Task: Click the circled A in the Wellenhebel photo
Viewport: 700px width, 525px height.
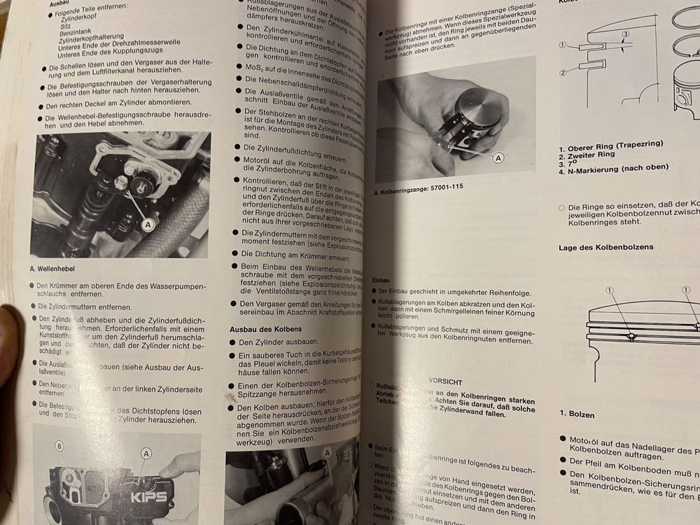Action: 148,224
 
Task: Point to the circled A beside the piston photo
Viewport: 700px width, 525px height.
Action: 498,158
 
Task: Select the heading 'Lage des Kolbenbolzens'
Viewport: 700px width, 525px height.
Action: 606,247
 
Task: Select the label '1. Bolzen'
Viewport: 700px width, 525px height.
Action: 576,414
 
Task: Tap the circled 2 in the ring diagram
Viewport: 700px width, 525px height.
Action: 562,72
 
